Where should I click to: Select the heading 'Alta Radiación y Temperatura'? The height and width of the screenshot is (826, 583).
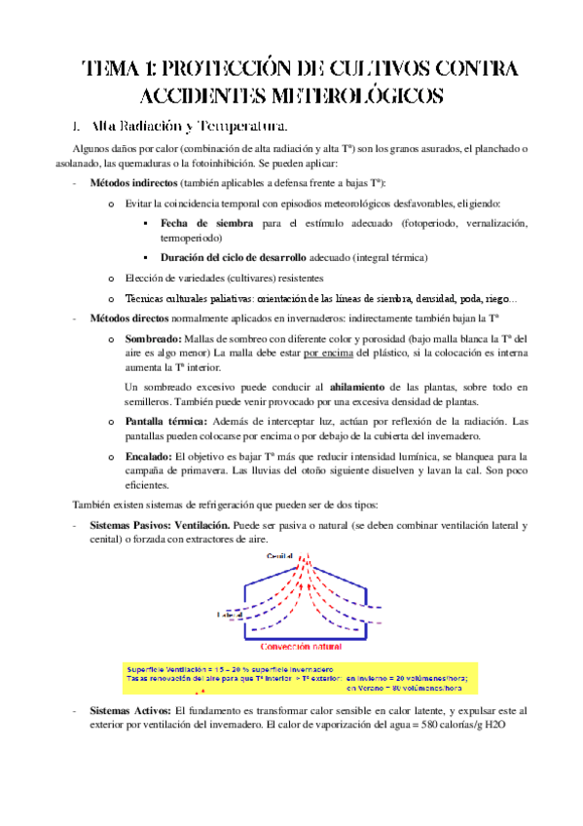pos(188,127)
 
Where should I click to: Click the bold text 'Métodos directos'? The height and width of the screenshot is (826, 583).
pos(128,319)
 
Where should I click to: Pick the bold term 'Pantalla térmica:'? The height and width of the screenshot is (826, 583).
pos(164,421)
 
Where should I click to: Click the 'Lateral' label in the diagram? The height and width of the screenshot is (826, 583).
pos(230,616)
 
